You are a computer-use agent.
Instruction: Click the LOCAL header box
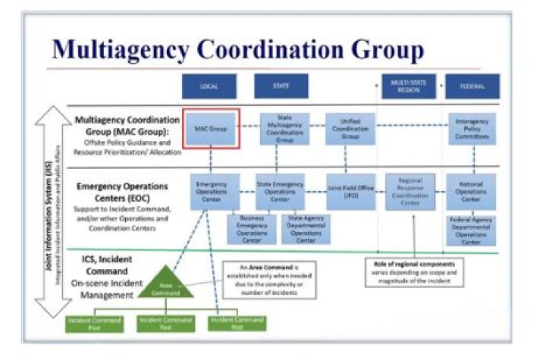[x=209, y=86]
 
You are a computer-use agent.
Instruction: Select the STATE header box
[x=280, y=86]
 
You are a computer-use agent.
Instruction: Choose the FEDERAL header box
[x=472, y=86]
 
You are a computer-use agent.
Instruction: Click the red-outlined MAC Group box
[x=212, y=129]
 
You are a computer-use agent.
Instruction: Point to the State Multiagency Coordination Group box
[x=284, y=130]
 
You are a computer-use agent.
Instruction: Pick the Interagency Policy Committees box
[x=472, y=130]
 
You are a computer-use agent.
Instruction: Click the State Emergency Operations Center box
[x=279, y=192]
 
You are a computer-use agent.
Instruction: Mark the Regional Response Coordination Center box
[x=409, y=192]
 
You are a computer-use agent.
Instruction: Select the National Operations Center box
[x=472, y=192]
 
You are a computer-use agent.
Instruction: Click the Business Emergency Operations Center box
[x=253, y=229]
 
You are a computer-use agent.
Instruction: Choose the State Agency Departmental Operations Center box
[x=306, y=229]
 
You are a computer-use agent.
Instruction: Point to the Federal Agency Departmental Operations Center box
[x=472, y=230]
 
